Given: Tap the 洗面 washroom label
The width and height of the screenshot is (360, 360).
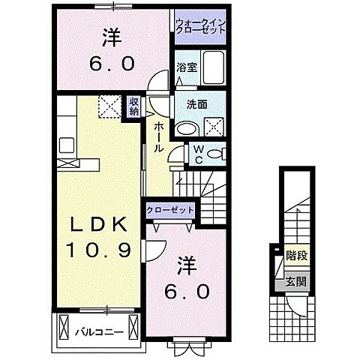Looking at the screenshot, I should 196,105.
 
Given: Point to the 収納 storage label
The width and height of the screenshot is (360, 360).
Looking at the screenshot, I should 133,107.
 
